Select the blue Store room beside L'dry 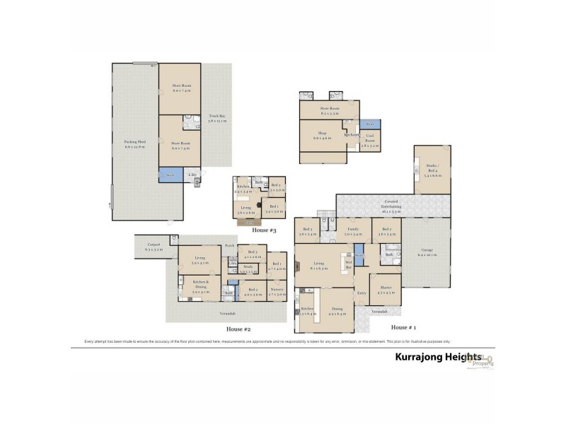[170, 174]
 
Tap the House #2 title [238, 329]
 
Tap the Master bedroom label [385, 288]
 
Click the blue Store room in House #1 [359, 257]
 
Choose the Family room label [353, 231]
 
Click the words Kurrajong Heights [437, 358]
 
